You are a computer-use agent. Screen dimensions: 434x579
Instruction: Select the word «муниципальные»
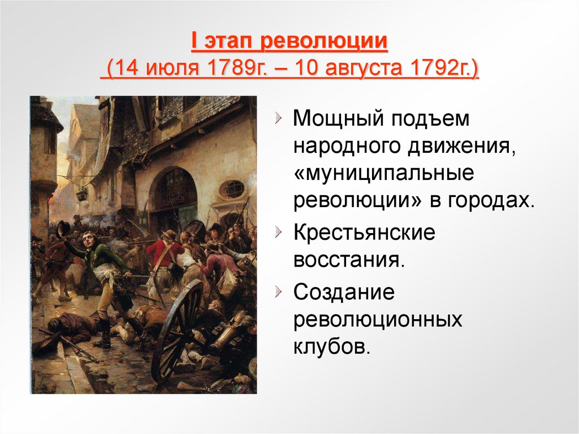384,174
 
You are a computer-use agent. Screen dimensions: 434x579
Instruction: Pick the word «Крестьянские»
364,233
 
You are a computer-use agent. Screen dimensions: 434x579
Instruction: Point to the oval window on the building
232,189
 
